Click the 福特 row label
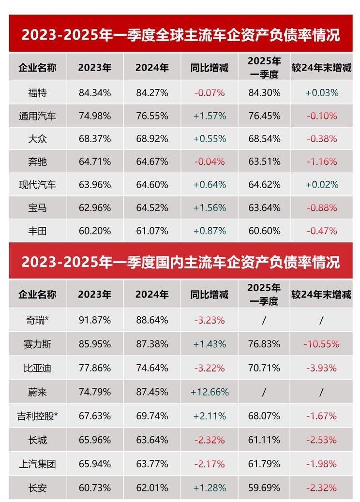coord(37,93)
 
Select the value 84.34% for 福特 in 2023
coord(95,93)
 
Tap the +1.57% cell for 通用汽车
coord(210,116)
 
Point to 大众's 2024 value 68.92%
coord(152,139)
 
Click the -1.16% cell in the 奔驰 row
coord(321,162)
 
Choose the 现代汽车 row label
coord(37,185)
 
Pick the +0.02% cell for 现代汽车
coord(321,185)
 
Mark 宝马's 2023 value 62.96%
coord(95,207)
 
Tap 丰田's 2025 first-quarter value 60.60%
coord(264,231)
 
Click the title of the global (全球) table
coord(180,35)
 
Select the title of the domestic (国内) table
coord(180,262)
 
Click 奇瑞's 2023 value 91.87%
coord(95,320)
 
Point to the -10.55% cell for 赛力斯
coord(321,344)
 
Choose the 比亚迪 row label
coord(37,368)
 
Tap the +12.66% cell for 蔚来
coord(210,392)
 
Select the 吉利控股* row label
coord(37,416)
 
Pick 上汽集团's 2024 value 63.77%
coord(152,464)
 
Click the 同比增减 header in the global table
coord(210,68)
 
